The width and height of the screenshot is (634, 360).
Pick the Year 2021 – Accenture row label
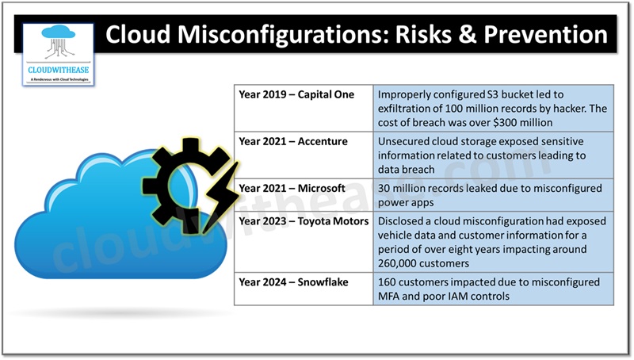coord(292,141)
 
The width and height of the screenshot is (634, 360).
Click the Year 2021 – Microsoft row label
coord(292,188)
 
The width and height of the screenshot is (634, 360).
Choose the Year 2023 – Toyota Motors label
coord(304,221)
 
